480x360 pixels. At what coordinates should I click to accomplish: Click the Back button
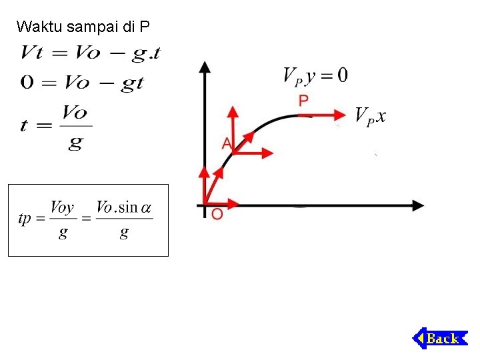[x=441, y=338]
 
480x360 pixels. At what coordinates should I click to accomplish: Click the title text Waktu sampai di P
[x=83, y=27]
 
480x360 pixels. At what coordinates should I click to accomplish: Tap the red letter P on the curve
[x=303, y=101]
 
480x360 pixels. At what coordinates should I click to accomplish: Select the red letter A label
[x=227, y=143]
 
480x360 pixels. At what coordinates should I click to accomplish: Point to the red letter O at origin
[x=217, y=214]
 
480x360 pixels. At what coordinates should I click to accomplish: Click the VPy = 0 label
[x=315, y=75]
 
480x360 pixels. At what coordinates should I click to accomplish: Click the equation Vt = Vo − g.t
[x=90, y=53]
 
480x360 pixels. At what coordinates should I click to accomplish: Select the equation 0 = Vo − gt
[x=82, y=83]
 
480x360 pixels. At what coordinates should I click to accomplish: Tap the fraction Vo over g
[x=75, y=127]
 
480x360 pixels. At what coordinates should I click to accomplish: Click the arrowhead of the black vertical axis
[x=205, y=66]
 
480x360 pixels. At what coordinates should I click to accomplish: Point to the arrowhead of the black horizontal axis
[x=418, y=205]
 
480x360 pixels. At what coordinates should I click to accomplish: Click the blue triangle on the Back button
[x=420, y=338]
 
